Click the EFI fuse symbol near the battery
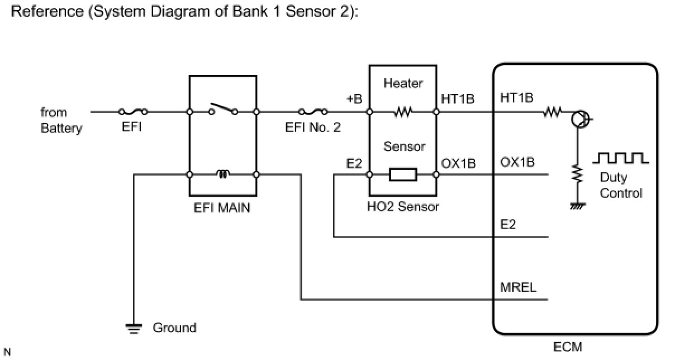(133, 112)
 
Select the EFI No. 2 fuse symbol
(313, 112)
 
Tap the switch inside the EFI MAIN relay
(224, 109)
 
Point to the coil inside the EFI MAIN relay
(223, 174)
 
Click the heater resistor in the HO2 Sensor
(403, 112)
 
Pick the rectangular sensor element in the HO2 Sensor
(403, 174)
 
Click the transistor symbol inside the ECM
(581, 119)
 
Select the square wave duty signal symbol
(621, 158)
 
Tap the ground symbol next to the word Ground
(134, 328)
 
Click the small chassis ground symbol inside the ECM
(578, 206)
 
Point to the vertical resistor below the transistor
(578, 174)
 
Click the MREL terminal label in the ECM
(518, 287)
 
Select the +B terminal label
(354, 99)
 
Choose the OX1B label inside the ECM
(517, 162)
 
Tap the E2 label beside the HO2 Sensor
(354, 163)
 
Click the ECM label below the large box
(568, 347)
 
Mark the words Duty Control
(621, 185)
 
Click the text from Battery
(61, 120)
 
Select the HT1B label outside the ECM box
(458, 99)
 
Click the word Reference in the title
(47, 11)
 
